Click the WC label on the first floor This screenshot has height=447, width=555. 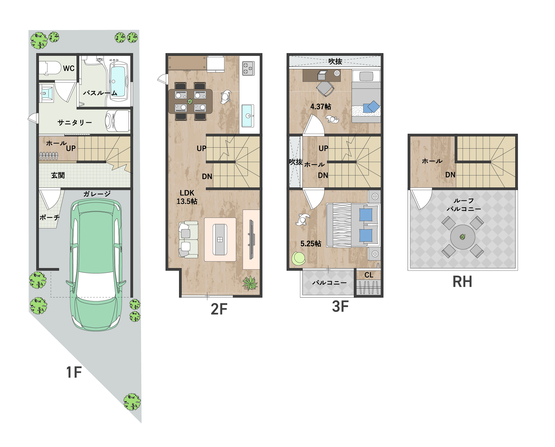(x=69, y=68)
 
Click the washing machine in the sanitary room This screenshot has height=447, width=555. (x=117, y=121)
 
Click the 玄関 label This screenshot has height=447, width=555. (x=58, y=175)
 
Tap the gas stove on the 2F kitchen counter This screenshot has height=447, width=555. (x=249, y=68)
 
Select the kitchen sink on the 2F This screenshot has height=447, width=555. (x=248, y=116)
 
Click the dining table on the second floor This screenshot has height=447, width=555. (x=190, y=101)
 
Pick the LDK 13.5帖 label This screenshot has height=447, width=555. (x=187, y=197)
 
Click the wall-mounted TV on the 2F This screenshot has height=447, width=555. (x=251, y=239)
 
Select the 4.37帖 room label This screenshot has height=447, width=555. (x=321, y=106)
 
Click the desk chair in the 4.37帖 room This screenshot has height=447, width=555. (x=325, y=89)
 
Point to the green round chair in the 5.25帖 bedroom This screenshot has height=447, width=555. (x=298, y=258)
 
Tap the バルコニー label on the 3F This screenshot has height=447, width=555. (x=330, y=283)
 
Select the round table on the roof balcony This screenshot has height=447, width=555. (x=463, y=237)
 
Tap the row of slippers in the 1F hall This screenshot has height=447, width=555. (x=49, y=156)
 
